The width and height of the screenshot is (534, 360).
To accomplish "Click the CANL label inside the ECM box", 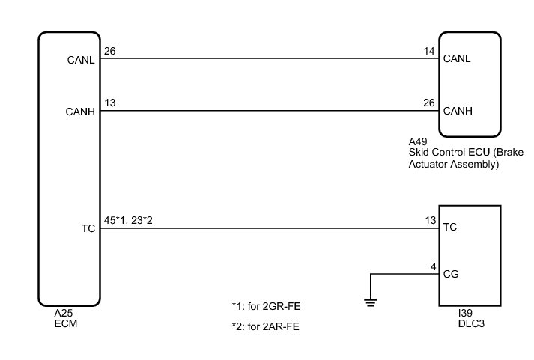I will coord(80,61).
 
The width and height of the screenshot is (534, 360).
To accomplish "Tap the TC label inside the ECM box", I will coord(88,229).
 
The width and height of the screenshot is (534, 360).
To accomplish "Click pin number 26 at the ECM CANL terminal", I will coord(110,51).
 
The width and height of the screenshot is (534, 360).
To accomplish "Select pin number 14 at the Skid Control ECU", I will coord(429,51).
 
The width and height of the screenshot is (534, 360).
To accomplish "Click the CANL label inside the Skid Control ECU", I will coord(457,61).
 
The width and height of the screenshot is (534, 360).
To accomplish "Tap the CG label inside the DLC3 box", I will coord(451,274).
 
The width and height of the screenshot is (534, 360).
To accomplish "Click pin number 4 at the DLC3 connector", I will coord(433,266).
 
